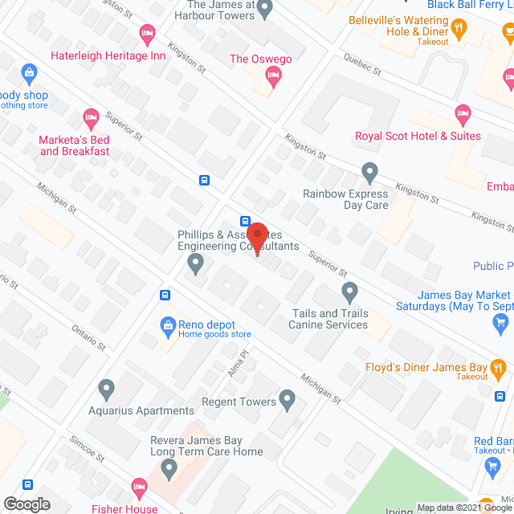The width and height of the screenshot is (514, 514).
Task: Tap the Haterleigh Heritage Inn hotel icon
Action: [147, 33]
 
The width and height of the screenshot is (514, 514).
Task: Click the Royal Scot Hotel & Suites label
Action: [418, 136]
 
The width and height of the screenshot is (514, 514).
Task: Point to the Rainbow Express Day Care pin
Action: [369, 171]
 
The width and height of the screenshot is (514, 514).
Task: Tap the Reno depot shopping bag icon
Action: [168, 325]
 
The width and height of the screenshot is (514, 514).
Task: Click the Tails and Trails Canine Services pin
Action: [349, 291]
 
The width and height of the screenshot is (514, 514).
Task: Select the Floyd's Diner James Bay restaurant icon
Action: [500, 370]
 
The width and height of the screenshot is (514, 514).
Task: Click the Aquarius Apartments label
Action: [141, 410]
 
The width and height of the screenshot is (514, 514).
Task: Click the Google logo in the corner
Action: [26, 504]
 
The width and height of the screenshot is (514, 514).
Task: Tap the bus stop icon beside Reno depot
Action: [165, 295]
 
